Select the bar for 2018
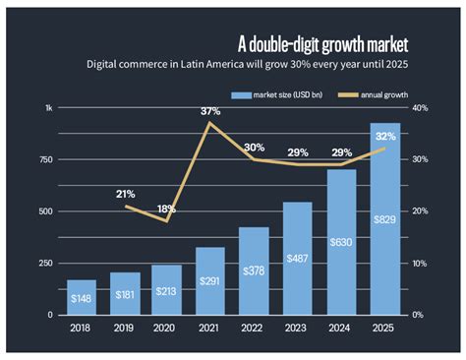coord(82,298)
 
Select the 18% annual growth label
coord(167,209)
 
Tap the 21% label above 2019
coord(125,194)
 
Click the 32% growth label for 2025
coord(384,137)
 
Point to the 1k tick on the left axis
coord(49,108)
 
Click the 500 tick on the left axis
coord(45,211)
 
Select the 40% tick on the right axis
coord(418,108)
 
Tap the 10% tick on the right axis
coord(418,264)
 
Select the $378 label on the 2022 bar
coord(255,270)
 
